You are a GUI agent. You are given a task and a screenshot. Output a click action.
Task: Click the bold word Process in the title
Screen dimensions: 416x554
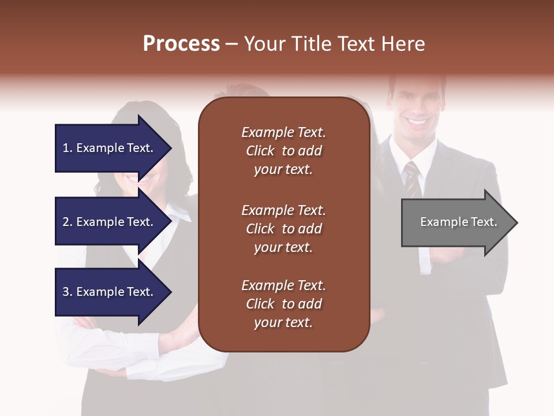pos(181,44)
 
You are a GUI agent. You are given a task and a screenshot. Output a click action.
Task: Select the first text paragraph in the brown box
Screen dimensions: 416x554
pos(283,151)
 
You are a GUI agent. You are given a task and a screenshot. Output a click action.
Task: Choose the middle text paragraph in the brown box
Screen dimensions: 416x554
pos(283,229)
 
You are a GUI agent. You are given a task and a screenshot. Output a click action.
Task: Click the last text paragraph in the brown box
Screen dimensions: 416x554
pos(283,304)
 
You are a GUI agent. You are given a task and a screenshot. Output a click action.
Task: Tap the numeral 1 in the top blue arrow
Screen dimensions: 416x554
pos(66,148)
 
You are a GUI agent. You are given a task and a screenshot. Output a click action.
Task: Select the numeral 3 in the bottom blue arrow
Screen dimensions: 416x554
pos(66,292)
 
